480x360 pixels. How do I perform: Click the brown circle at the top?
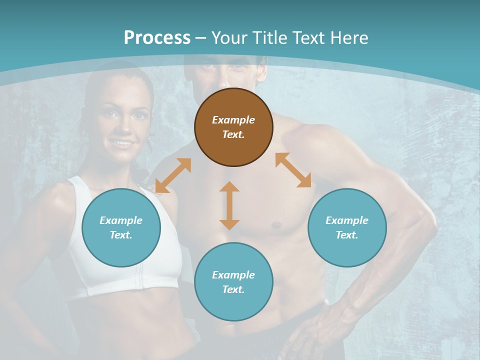[233, 127]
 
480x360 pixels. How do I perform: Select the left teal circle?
[121, 227]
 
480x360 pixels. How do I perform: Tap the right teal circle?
[347, 227]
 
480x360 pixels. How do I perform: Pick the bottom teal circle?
[233, 282]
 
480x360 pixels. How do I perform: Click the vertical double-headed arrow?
[229, 205]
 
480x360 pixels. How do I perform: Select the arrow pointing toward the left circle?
[173, 175]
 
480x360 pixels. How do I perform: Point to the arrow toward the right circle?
[293, 170]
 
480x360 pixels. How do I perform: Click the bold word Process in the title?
[157, 37]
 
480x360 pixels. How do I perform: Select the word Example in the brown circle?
[233, 120]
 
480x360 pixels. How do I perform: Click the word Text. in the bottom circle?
[233, 289]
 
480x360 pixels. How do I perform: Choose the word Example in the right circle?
[347, 220]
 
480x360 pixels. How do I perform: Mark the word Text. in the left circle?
[121, 235]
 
